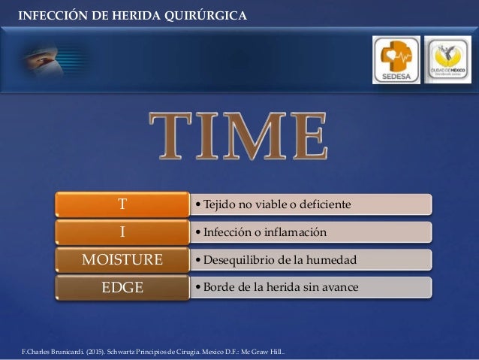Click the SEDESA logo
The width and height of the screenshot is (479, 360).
click(x=396, y=59)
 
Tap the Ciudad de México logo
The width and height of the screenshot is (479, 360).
click(x=447, y=59)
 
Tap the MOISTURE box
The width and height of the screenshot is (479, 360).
click(x=122, y=260)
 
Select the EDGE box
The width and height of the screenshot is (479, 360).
click(x=122, y=287)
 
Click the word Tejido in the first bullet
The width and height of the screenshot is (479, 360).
click(x=218, y=205)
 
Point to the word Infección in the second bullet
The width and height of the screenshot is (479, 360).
click(x=226, y=233)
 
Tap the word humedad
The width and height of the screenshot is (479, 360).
click(x=333, y=260)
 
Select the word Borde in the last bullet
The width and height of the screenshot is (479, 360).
click(x=216, y=288)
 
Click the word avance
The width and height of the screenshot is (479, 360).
click(x=339, y=288)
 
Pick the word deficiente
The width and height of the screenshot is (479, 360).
click(x=324, y=205)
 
